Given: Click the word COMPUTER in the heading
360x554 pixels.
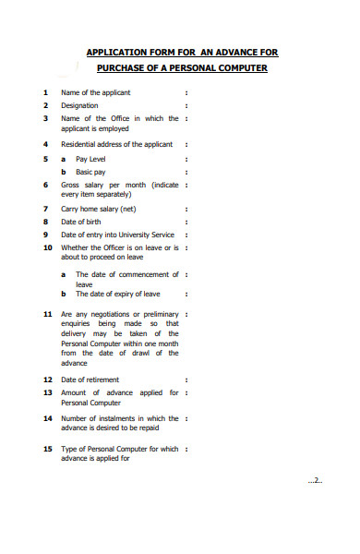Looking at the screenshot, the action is click(238, 68).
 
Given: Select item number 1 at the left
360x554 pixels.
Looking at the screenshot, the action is click(45, 92).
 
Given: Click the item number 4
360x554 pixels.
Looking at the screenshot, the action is click(45, 145).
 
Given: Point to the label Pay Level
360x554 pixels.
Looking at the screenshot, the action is click(90, 159).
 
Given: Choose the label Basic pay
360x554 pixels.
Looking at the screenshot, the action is click(90, 172).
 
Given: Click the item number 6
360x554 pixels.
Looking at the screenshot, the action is click(45, 185).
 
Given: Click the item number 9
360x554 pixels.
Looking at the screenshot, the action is click(45, 235).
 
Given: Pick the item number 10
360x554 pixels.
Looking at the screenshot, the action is click(47, 247).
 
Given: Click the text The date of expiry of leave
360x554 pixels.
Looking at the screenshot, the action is click(117, 294).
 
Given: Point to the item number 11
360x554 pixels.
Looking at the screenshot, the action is click(47, 314).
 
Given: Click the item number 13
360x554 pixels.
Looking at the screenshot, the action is click(47, 392).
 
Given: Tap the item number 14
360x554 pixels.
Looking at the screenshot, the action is click(47, 418).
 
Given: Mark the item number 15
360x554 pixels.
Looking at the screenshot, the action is click(47, 449).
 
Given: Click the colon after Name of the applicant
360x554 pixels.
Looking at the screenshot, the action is click(186, 92).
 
